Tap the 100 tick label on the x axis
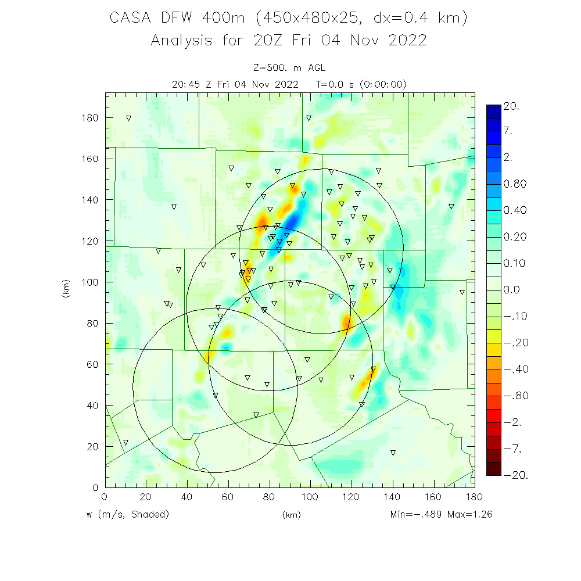click(x=310, y=497)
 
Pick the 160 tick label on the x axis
click(x=433, y=497)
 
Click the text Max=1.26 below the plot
click(x=469, y=515)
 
